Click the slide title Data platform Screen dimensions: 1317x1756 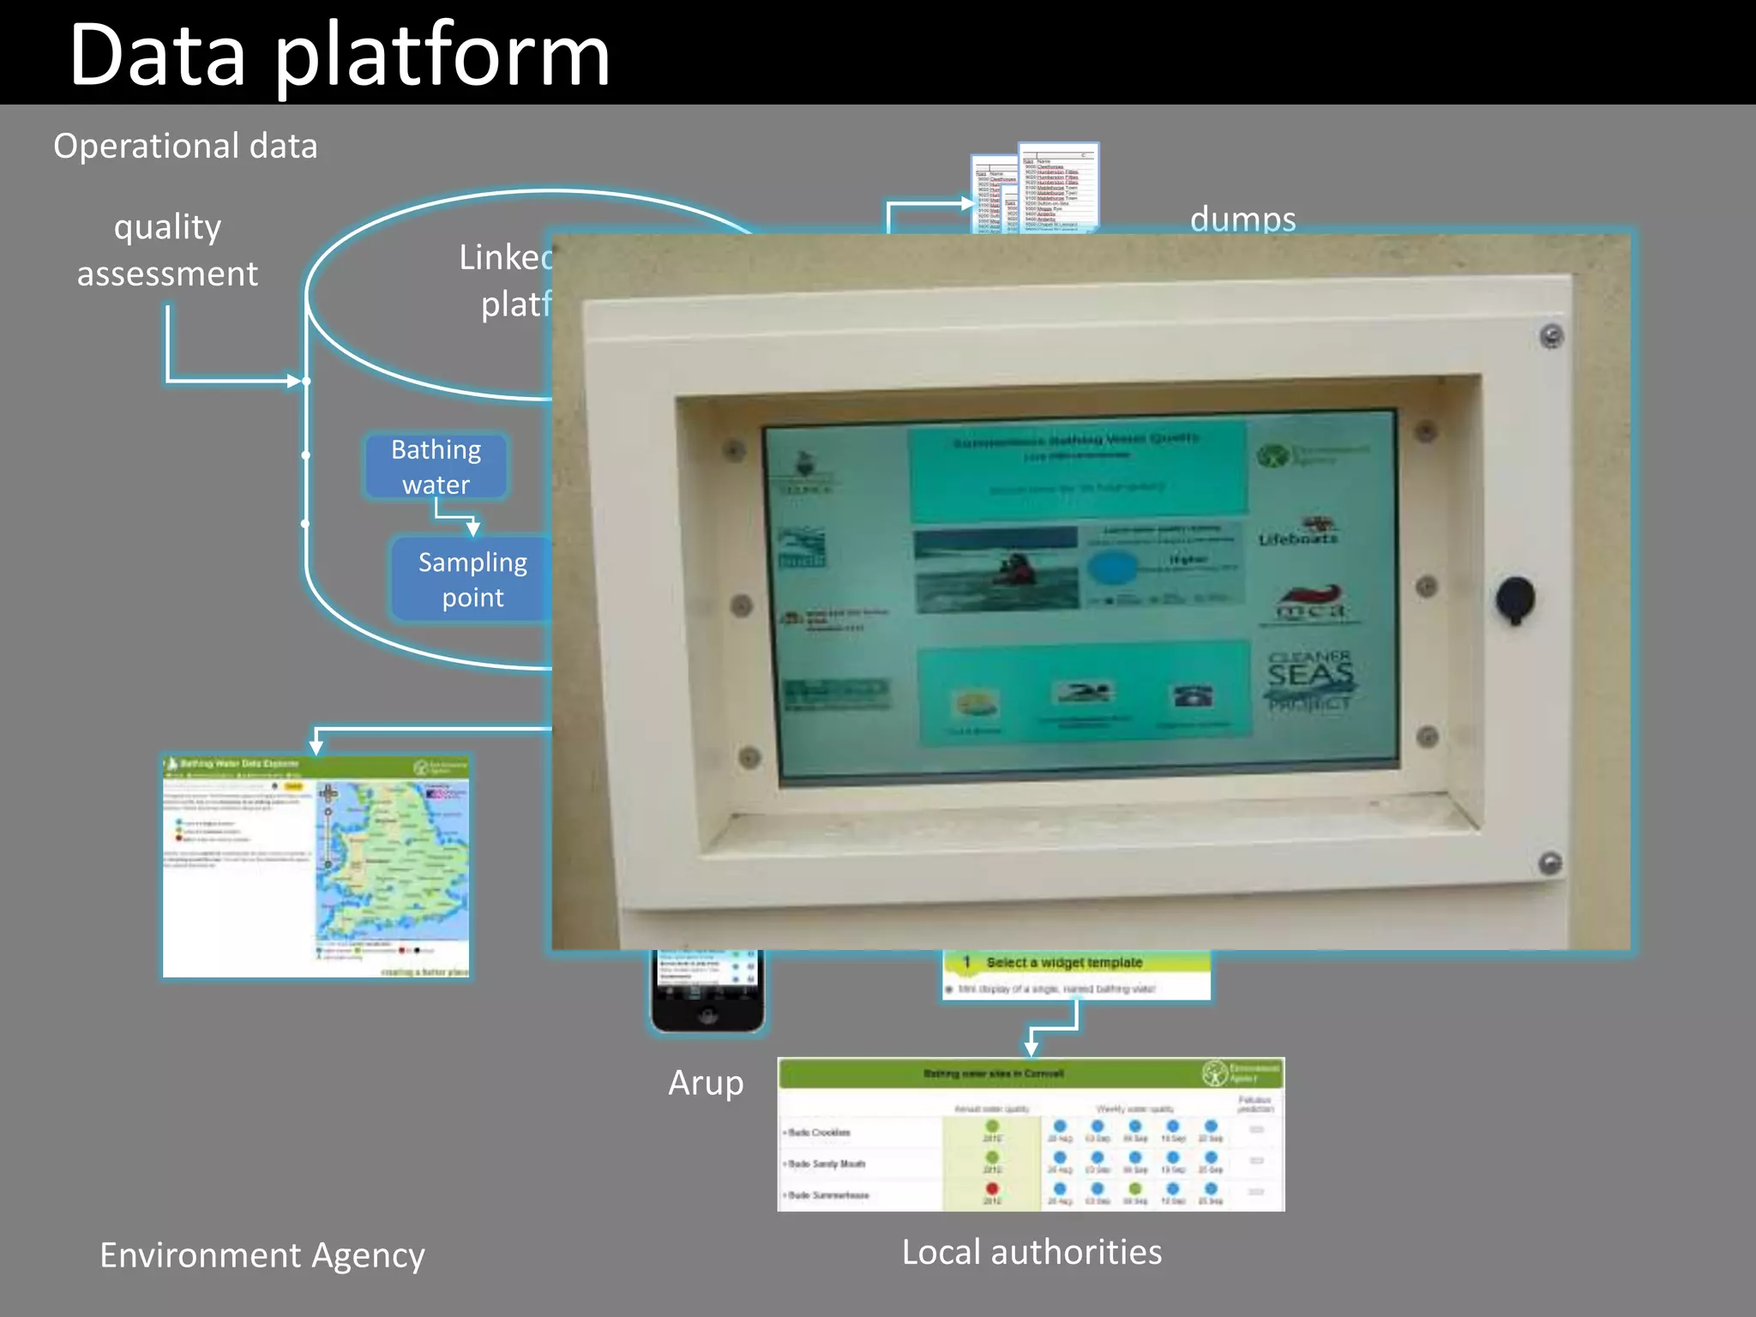point(339,56)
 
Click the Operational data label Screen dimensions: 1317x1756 point(185,147)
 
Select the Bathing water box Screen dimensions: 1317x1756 point(436,466)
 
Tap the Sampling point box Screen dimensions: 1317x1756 point(472,579)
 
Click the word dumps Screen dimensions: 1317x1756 point(1242,219)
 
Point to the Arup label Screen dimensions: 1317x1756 point(706,1083)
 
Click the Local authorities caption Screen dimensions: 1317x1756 point(1031,1253)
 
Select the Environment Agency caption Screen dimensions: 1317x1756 point(262,1255)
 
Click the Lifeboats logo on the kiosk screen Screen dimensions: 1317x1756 point(1298,532)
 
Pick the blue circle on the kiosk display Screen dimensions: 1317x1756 point(1112,567)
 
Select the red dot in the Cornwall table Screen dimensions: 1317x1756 point(992,1189)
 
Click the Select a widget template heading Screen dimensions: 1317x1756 point(1064,963)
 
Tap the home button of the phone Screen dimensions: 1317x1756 point(707,1016)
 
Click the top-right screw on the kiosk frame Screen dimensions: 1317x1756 point(1552,336)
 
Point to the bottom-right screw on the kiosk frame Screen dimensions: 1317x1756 point(1550,863)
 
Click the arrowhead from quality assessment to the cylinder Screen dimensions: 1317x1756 point(295,380)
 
